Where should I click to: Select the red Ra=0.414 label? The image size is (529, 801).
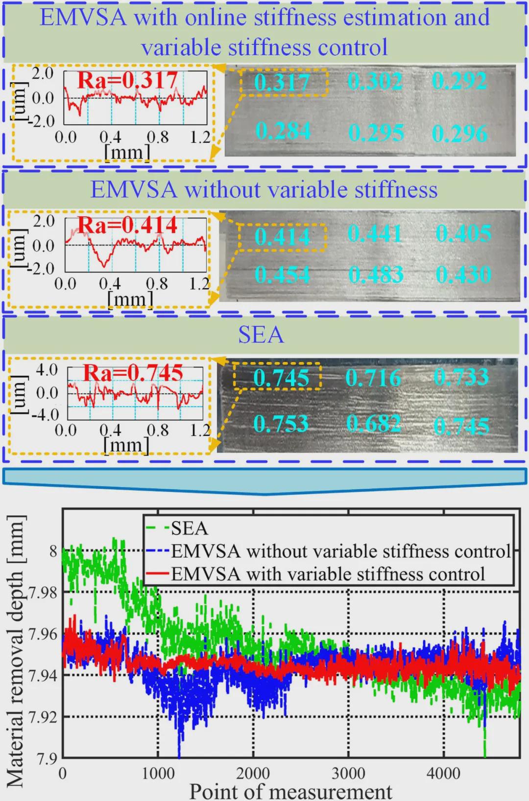tap(127, 225)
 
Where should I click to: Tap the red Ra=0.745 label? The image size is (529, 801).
tap(133, 373)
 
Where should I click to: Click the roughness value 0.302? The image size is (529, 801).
tap(375, 81)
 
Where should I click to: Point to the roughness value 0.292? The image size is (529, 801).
tap(459, 81)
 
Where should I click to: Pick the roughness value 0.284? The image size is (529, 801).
tap(283, 131)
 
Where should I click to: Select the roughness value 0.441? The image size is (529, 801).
tap(375, 233)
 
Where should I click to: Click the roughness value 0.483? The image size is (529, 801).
tap(376, 275)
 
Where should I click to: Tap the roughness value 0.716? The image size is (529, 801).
tap(373, 378)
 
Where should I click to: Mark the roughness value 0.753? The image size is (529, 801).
tap(281, 424)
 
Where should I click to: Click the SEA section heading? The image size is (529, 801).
tap(261, 335)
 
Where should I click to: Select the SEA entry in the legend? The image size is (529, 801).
tap(189, 528)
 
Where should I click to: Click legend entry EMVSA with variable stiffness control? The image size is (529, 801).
tap(328, 573)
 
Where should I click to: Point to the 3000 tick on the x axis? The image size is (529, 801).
tap(348, 774)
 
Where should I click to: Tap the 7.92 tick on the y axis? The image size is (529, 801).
tap(43, 717)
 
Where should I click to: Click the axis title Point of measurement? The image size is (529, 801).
tap(291, 791)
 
